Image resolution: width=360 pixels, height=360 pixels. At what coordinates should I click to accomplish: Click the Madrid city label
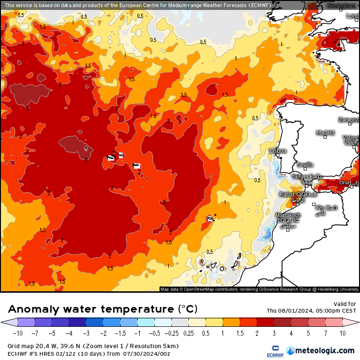pyautogui.click(x=325, y=133)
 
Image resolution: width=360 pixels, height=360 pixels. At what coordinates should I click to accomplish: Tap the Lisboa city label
pyautogui.click(x=278, y=151)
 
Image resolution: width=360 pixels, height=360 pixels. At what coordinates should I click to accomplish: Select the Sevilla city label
pyautogui.click(x=305, y=165)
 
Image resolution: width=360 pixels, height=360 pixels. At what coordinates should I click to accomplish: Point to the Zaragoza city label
pyautogui.click(x=349, y=120)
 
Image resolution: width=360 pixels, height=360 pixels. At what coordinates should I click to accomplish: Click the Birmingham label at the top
pyautogui.click(x=341, y=6)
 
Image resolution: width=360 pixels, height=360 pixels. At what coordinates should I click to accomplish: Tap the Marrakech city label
pyautogui.click(x=288, y=215)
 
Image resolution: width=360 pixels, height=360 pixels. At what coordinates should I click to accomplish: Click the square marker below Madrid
pyautogui.click(x=325, y=138)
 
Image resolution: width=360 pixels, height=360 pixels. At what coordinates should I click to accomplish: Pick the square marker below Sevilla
pyautogui.click(x=306, y=169)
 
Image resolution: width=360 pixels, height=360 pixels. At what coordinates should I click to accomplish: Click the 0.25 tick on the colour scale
pyautogui.click(x=188, y=333)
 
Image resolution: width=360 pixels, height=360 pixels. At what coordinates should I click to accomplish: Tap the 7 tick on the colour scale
pyautogui.click(x=325, y=333)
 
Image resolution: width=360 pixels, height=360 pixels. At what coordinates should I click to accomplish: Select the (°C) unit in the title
pyautogui.click(x=188, y=309)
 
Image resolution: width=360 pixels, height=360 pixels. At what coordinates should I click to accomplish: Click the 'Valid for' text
pyautogui.click(x=345, y=304)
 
